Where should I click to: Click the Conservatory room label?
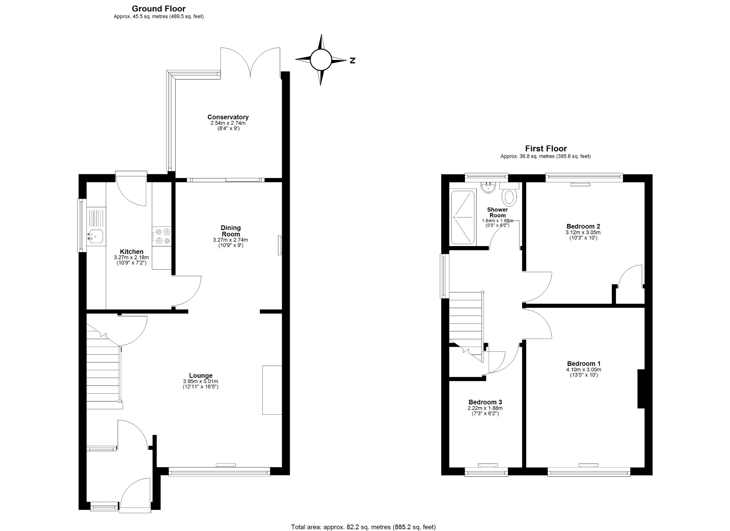click(x=228, y=117)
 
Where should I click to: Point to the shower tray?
click(x=463, y=218)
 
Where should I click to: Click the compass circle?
click(x=320, y=60)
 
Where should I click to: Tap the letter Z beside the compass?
click(x=352, y=61)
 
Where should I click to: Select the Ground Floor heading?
click(x=159, y=9)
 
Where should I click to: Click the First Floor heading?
click(x=546, y=148)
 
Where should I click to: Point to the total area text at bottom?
click(x=363, y=527)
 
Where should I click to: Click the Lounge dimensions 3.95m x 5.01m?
click(x=201, y=381)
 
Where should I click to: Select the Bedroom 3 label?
click(x=485, y=402)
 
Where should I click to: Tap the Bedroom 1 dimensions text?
click(x=584, y=369)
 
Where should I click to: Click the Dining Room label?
click(x=231, y=231)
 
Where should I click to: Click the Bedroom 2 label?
click(x=583, y=226)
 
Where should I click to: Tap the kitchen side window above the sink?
click(x=82, y=225)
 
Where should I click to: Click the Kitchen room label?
click(x=132, y=252)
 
